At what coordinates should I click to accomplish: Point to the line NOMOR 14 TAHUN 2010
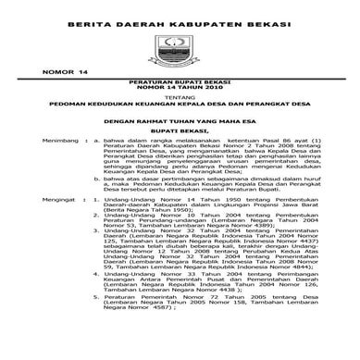(180, 117)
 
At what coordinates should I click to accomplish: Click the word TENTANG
(180, 130)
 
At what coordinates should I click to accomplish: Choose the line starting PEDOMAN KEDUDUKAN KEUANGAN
(180, 138)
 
